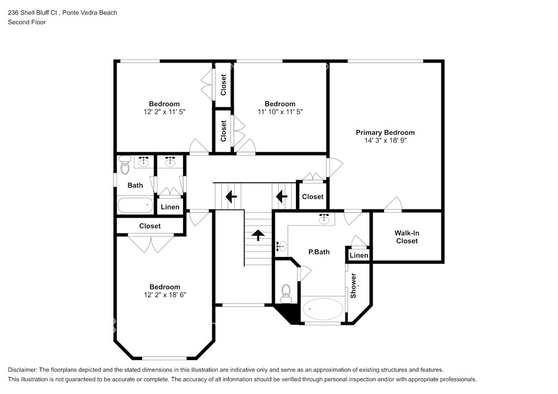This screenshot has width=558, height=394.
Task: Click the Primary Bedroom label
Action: (x=385, y=133)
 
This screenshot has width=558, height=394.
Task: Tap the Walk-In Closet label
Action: (x=407, y=237)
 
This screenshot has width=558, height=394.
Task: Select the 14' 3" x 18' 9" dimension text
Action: (x=385, y=140)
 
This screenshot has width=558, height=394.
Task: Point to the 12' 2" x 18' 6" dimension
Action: (x=165, y=294)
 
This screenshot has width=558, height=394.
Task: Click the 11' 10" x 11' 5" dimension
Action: (x=280, y=112)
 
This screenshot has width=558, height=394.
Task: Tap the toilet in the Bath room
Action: (x=125, y=165)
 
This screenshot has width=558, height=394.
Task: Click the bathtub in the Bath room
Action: (x=135, y=205)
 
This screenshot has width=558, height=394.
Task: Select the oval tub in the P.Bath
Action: (x=323, y=309)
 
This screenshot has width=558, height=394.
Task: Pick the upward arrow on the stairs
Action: (x=258, y=235)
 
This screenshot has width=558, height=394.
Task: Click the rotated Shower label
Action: (x=353, y=286)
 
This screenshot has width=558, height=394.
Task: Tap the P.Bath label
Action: (x=319, y=252)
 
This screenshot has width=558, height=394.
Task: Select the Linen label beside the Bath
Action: (x=170, y=207)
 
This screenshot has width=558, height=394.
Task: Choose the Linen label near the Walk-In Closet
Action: (x=359, y=255)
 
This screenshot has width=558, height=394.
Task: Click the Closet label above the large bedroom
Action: (x=150, y=226)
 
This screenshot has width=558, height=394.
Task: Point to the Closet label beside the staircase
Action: (x=313, y=196)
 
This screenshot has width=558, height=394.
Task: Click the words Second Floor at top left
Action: (x=27, y=22)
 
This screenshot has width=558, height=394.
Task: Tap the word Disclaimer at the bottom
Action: (x=22, y=370)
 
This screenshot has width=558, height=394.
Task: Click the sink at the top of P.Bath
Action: (x=324, y=219)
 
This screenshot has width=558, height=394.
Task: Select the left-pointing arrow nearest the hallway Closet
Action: (x=282, y=196)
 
